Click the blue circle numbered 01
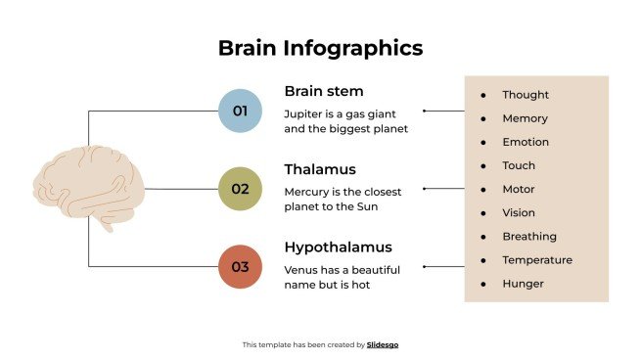241,111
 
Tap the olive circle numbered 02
241,189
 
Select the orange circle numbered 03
241,266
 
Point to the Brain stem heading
323,91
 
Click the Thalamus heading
319,169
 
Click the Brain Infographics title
320,48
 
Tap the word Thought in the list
526,95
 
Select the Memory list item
526,118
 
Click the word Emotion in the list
526,142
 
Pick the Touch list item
519,165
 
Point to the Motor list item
519,189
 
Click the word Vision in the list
519,212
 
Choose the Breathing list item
529,236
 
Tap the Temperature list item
537,260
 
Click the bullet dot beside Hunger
483,284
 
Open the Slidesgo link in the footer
383,344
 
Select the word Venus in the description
299,269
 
